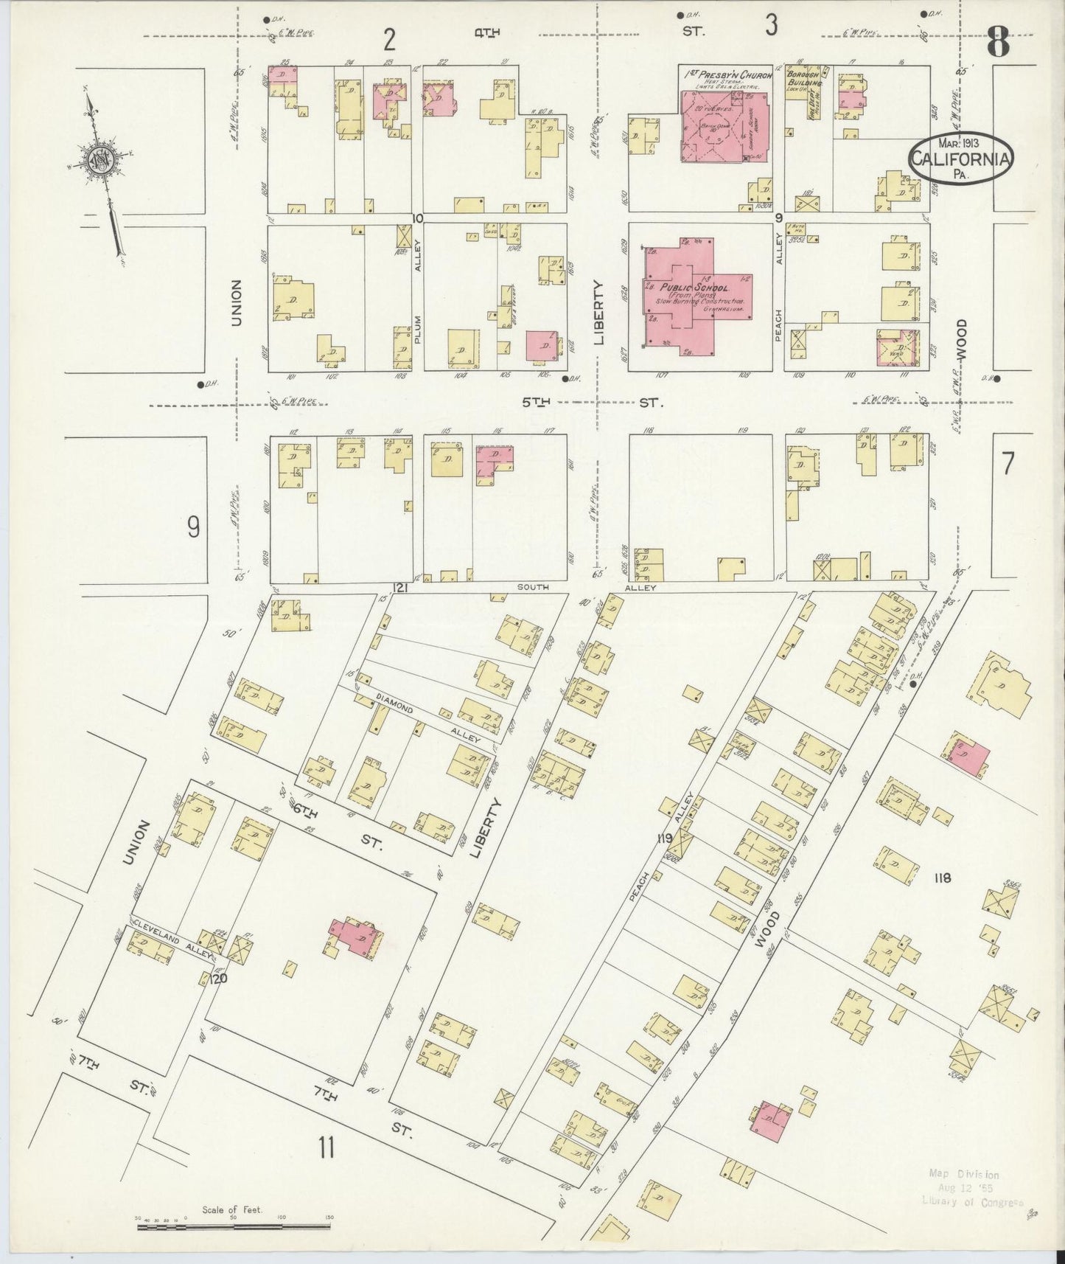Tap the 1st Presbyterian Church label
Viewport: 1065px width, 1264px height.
click(x=727, y=75)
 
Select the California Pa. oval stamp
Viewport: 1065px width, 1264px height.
click(x=960, y=157)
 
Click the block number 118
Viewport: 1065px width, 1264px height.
click(x=942, y=878)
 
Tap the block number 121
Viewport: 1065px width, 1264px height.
click(x=400, y=588)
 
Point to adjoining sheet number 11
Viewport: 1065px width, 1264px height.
click(x=327, y=1168)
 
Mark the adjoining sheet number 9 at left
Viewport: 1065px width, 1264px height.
click(x=193, y=527)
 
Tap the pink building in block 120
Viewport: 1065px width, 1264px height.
click(x=354, y=937)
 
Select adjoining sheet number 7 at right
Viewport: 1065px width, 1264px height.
click(x=1008, y=463)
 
